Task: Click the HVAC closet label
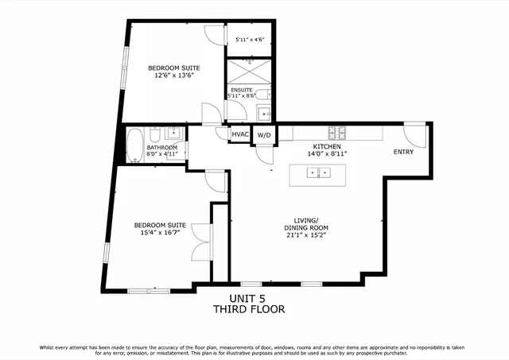point(241,134)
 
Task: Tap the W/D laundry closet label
point(263,134)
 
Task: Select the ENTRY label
point(403,152)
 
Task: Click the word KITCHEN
point(326,147)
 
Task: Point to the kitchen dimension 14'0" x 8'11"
point(326,155)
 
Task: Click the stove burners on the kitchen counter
point(337,132)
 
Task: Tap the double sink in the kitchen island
point(318,173)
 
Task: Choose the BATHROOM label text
point(161,147)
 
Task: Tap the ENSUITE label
point(242,90)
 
